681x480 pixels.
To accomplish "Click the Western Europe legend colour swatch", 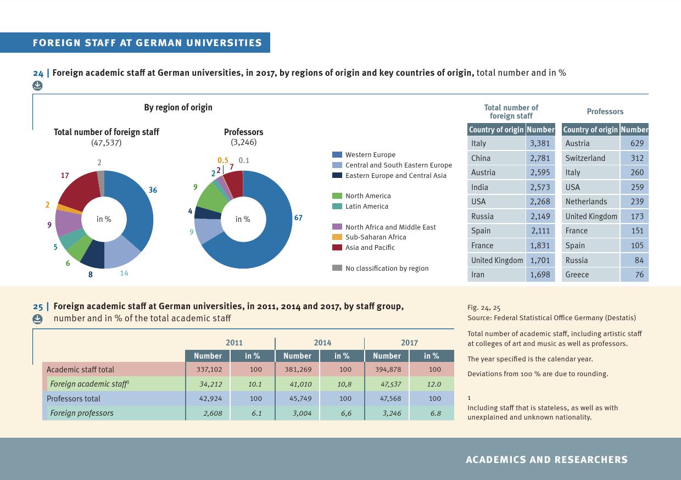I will pyautogui.click(x=337, y=155).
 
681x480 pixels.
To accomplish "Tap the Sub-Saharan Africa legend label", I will pyautogui.click(x=376, y=237).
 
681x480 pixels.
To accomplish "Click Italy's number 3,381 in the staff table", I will pyautogui.click(x=540, y=143).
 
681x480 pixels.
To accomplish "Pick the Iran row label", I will pyautogui.click(x=478, y=275).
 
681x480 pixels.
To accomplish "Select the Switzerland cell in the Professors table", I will pyautogui.click(x=585, y=158).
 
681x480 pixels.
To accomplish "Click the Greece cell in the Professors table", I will pyautogui.click(x=577, y=275).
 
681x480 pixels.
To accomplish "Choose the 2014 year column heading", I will pyautogui.click(x=322, y=343).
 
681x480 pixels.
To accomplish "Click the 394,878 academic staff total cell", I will pyautogui.click(x=387, y=370).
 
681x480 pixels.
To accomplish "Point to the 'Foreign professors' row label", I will pyautogui.click(x=82, y=413).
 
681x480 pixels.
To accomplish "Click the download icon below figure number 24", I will pyautogui.click(x=37, y=85).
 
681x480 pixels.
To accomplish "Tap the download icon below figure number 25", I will pyautogui.click(x=37, y=319).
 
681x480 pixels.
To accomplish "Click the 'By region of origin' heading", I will pyautogui.click(x=178, y=107).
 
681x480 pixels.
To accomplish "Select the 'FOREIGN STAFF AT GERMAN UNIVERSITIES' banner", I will pyautogui.click(x=147, y=43).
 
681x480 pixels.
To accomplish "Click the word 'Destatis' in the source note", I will pyautogui.click(x=619, y=318).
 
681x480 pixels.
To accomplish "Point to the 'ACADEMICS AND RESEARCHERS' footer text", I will pyautogui.click(x=546, y=460).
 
